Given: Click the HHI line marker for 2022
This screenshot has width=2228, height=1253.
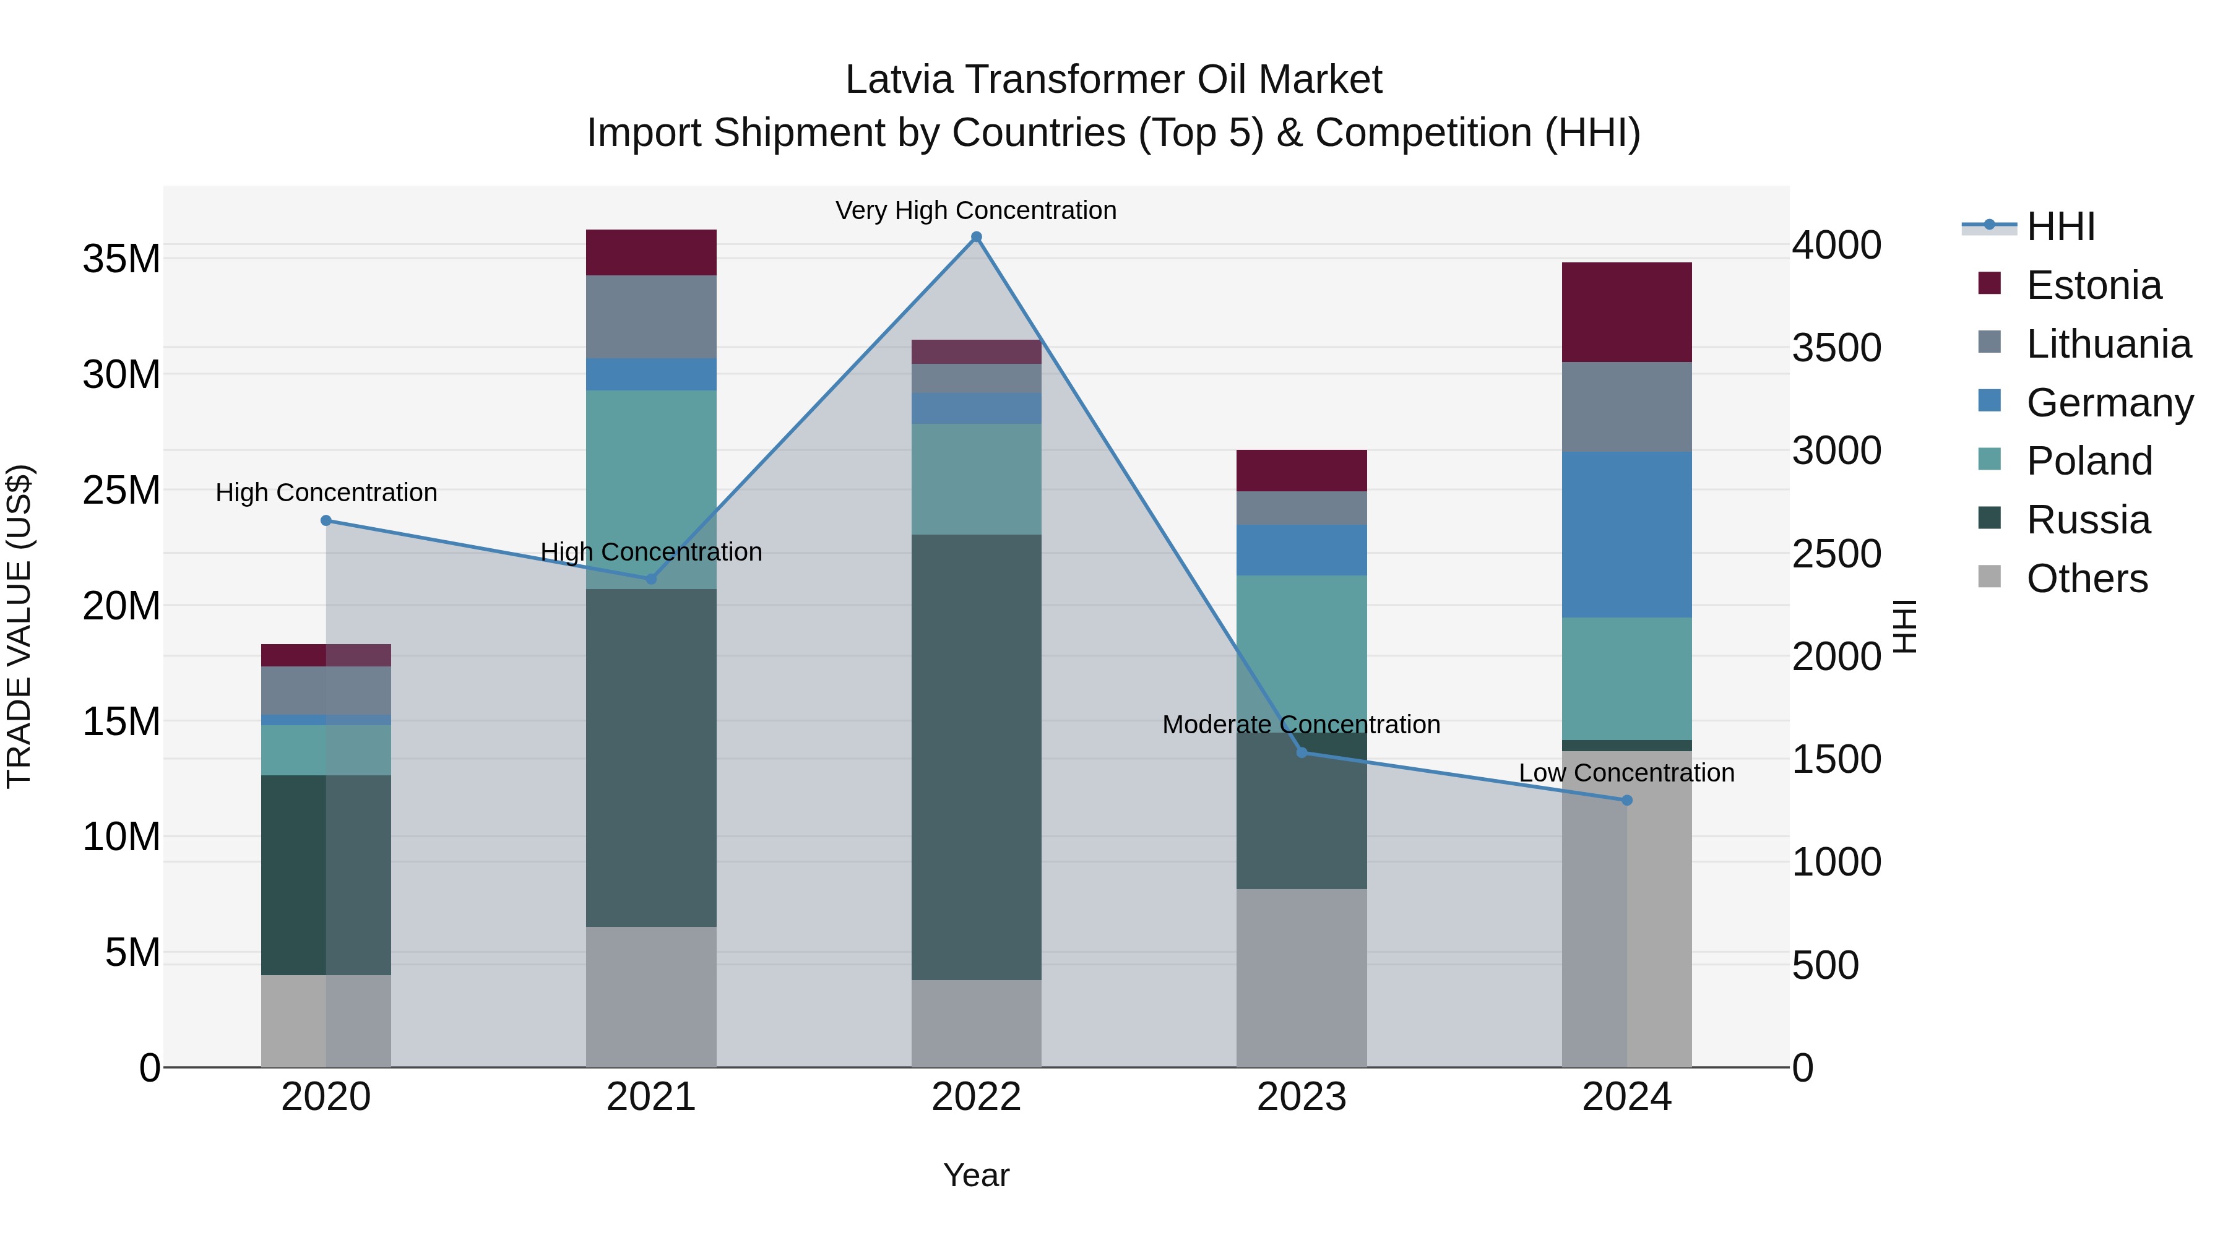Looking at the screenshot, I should (x=977, y=237).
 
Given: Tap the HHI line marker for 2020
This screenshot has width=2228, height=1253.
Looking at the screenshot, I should (x=326, y=520).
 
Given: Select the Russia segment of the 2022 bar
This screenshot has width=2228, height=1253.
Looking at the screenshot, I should (x=977, y=757).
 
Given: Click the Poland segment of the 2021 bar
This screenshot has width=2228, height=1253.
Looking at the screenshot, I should (x=651, y=489).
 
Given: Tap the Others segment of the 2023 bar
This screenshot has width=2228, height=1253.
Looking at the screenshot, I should (x=1301, y=977).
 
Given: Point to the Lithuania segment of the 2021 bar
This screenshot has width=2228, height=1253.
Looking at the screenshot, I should (x=651, y=316).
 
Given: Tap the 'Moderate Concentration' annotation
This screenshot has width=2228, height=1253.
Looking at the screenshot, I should (x=1301, y=725).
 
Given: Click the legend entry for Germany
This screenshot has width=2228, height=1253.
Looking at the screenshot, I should (x=2109, y=403).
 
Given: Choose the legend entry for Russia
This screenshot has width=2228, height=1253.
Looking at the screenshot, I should (x=2087, y=520).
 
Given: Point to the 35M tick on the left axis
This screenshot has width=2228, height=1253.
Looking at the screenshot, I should (x=121, y=259).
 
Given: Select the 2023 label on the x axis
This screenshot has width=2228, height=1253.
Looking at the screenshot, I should (x=1301, y=1097).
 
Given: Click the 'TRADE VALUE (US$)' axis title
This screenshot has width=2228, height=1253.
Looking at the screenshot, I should (x=19, y=626).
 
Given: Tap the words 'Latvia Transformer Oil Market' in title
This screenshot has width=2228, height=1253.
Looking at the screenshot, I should (x=1113, y=80).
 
